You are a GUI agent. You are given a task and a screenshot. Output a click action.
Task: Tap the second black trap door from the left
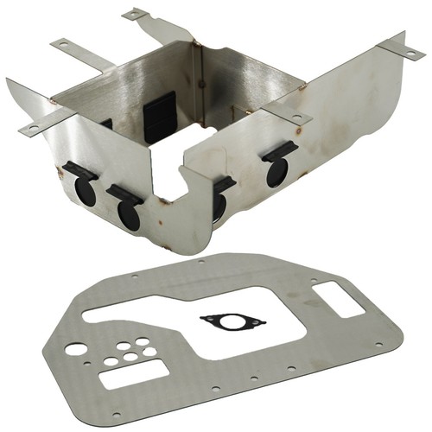(127, 209)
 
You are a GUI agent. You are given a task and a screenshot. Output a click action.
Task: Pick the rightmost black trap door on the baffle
(278, 167)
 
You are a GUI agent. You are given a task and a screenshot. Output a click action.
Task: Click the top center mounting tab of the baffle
(136, 15)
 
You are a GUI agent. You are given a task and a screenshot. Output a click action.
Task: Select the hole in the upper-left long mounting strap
(63, 43)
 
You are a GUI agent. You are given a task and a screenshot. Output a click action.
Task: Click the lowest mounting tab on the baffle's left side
(30, 128)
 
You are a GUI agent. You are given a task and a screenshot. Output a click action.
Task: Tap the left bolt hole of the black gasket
(206, 319)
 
